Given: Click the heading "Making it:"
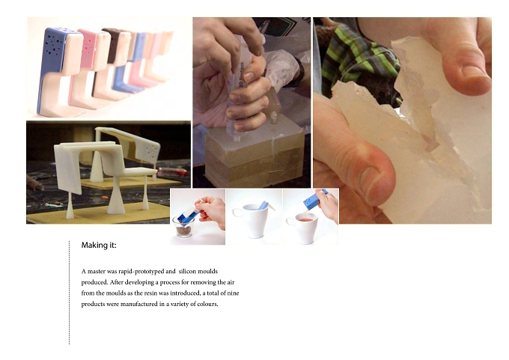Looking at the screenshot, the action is (x=99, y=245).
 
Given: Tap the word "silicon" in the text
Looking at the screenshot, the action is (x=187, y=271).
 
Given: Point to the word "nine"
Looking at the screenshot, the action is (x=233, y=293).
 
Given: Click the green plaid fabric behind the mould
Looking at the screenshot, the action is (x=357, y=58).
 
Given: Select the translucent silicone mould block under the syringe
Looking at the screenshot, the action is (x=255, y=156).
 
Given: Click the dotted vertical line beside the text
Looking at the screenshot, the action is (x=69, y=293).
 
